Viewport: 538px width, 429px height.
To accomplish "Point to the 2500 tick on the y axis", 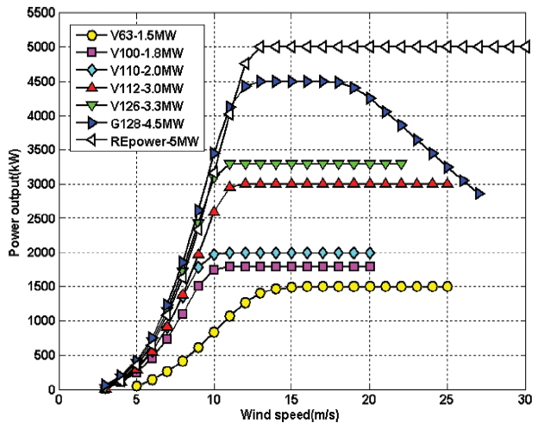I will click(37, 219).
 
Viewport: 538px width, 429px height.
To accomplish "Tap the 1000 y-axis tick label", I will click(37, 321).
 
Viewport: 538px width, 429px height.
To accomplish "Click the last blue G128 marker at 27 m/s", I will click(479, 194).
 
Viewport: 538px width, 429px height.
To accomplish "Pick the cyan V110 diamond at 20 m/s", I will click(370, 252).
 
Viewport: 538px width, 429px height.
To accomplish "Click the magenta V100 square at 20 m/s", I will click(370, 266).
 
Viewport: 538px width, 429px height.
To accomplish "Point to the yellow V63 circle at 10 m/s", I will click(214, 332).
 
